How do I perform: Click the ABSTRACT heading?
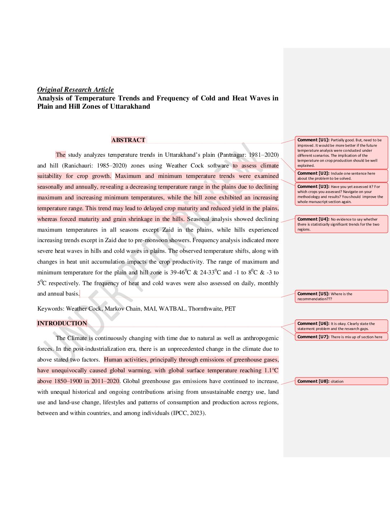(128, 140)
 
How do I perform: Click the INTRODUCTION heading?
(62, 323)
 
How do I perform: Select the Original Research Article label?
(75, 90)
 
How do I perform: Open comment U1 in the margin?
(341, 153)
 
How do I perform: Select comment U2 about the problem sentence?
(341, 176)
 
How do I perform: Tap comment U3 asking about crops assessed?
(341, 194)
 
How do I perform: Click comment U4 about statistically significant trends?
(341, 224)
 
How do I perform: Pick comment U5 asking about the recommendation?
(341, 296)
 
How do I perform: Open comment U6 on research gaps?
(341, 326)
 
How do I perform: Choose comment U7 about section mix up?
(341, 337)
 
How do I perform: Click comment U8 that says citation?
(341, 381)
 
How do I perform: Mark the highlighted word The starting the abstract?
(61, 155)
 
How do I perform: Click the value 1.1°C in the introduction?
(271, 371)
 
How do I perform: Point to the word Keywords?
(50, 308)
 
